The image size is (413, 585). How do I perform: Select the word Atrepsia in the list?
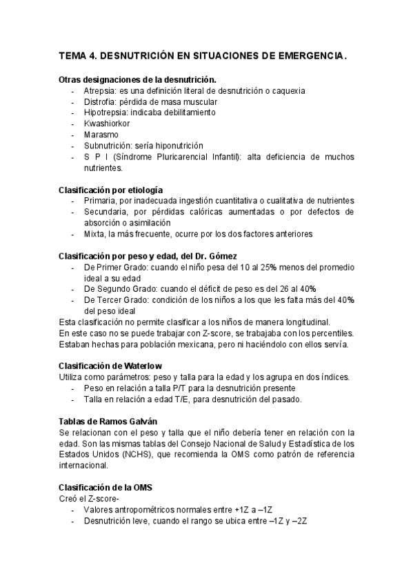[100, 90]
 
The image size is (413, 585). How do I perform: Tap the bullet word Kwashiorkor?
[107, 123]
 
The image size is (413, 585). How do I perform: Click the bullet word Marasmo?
[101, 135]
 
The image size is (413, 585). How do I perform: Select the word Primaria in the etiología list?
[101, 200]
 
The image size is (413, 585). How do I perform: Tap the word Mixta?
[95, 234]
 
